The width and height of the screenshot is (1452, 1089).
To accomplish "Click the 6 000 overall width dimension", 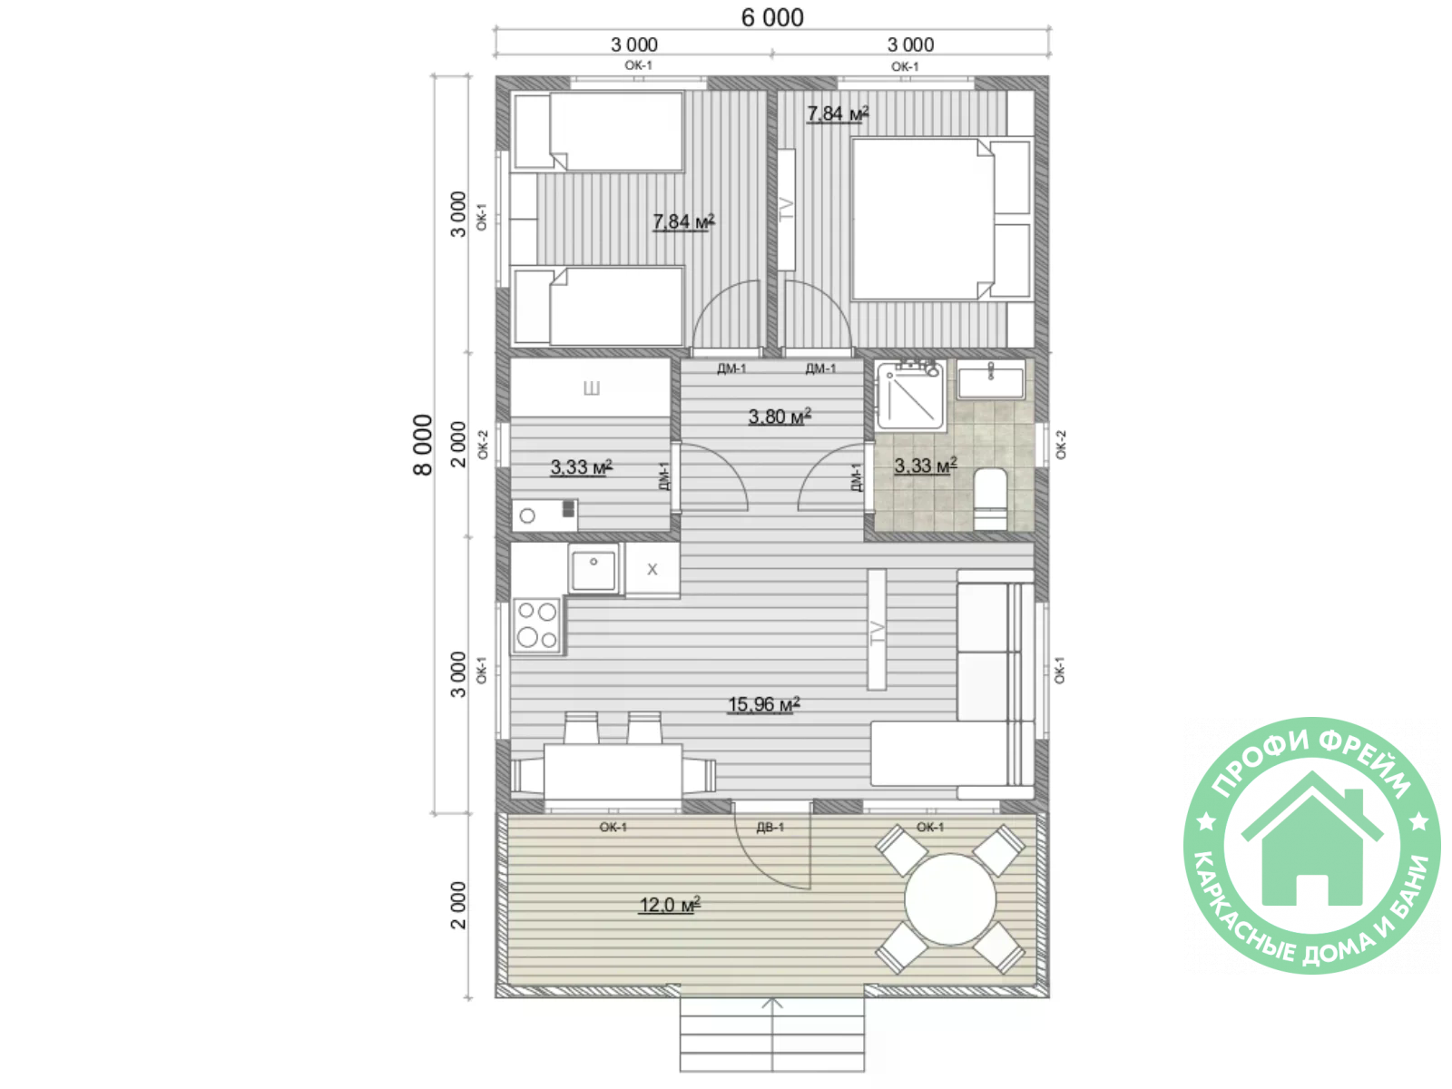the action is click(x=772, y=18).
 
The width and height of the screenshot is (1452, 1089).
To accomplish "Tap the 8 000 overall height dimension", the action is click(x=423, y=445).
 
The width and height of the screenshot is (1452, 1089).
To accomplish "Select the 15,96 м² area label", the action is click(x=763, y=705).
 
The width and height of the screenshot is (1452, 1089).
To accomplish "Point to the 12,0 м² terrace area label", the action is click(x=670, y=905).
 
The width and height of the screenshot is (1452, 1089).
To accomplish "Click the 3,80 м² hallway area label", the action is click(x=780, y=417).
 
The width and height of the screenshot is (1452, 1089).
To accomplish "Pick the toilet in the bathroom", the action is click(x=990, y=499).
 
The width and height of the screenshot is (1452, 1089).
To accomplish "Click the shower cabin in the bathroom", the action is click(x=909, y=396).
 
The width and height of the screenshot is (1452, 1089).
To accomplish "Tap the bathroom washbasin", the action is click(x=990, y=379).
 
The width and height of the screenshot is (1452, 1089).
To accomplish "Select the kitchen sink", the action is click(x=594, y=569).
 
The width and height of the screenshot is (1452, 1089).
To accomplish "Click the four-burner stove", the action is click(x=537, y=625).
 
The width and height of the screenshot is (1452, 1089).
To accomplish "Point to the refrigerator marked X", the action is click(x=652, y=569).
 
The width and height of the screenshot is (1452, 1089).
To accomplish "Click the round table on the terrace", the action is click(x=950, y=899).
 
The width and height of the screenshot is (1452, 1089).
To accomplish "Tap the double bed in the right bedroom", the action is click(x=941, y=219).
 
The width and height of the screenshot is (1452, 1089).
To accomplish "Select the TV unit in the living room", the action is click(x=877, y=630).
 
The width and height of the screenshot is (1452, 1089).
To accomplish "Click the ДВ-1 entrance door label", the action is click(x=770, y=827).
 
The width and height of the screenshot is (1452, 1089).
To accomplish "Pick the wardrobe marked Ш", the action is click(x=591, y=388).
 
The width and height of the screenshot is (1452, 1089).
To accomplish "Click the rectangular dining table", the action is click(x=613, y=772).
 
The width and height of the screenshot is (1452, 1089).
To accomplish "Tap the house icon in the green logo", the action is click(x=1311, y=839).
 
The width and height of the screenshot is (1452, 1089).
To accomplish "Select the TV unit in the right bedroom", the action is click(x=786, y=210).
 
